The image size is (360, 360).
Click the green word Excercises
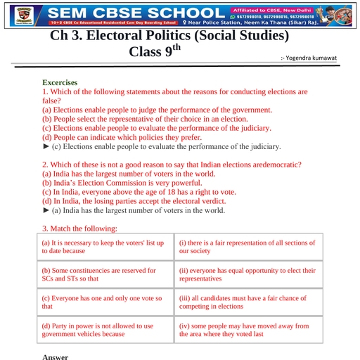coord(60,82)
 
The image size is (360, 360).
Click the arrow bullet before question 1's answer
coord(46,146)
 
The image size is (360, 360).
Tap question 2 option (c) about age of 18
coord(139,192)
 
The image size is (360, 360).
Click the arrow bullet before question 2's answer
coord(46,210)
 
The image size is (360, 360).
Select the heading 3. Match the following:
coord(79,229)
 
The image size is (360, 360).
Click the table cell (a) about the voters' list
coord(105,247)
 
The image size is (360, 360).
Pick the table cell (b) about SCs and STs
coord(105,275)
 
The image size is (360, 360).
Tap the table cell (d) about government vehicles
coord(105,330)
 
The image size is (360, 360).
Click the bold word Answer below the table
coord(56,356)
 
